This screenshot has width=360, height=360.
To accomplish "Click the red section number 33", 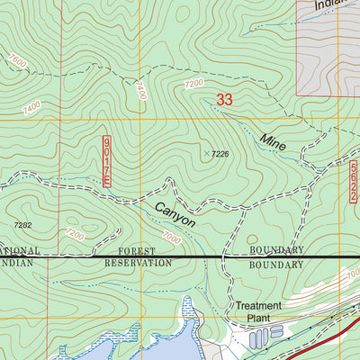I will point(225,101).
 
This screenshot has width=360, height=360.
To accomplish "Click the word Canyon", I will point(175,212).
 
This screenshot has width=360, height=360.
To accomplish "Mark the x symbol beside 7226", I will point(206,154).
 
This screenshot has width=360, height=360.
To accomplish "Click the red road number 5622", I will point(354,182).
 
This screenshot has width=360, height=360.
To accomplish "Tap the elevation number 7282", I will point(22,225).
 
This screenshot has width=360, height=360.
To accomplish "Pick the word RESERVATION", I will point(138,264).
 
